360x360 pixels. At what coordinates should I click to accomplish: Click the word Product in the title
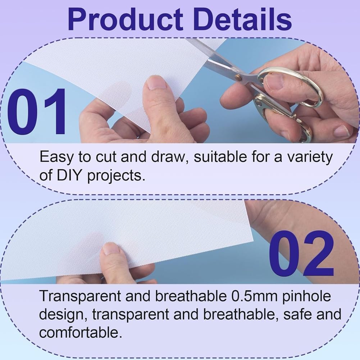(x=126, y=19)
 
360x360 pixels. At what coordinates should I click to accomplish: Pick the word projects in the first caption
(x=116, y=176)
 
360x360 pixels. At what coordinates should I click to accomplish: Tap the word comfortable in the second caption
(x=80, y=332)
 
